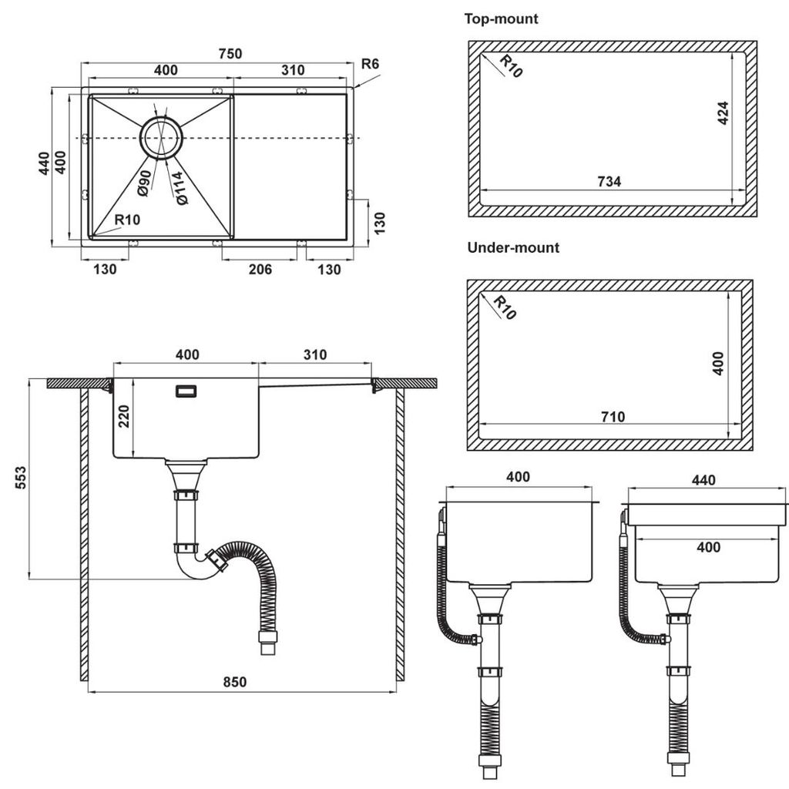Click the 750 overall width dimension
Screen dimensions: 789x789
pos(230,53)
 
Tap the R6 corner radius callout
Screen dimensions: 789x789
pos(371,63)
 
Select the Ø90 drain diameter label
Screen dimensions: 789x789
pos(143,181)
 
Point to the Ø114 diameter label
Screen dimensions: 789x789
pos(179,188)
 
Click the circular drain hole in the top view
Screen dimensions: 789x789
pos(161,138)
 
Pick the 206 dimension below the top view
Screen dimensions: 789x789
pos(261,269)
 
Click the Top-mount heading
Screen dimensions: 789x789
pos(501,18)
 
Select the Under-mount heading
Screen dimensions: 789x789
pos(513,248)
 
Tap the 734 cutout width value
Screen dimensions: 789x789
pos(609,182)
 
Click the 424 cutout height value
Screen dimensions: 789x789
pos(722,113)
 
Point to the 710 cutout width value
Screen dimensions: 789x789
pos(613,417)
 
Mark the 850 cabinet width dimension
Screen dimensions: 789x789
pos(236,681)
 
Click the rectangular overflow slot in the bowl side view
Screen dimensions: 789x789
pos(186,391)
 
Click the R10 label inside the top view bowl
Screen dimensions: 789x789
pos(127,220)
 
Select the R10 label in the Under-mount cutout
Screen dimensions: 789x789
pos(505,307)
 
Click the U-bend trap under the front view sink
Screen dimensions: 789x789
pos(193,566)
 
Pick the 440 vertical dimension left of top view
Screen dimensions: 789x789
pos(45,163)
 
